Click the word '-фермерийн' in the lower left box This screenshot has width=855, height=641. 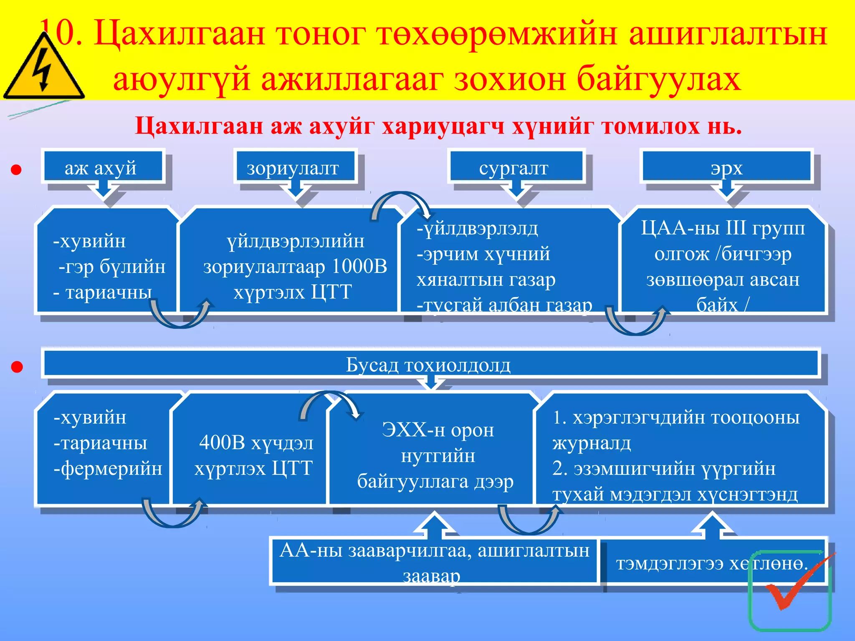tap(108, 468)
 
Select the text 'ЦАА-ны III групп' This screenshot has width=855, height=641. tap(723, 228)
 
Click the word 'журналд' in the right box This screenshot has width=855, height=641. tap(592, 443)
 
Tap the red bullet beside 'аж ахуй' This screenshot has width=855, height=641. tap(16, 170)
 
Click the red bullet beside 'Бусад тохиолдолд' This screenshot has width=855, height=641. tap(17, 367)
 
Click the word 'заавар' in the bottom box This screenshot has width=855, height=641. tap(432, 576)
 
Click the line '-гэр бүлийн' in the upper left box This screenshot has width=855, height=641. tap(112, 266)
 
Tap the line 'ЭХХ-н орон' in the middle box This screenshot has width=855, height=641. tap(438, 429)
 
